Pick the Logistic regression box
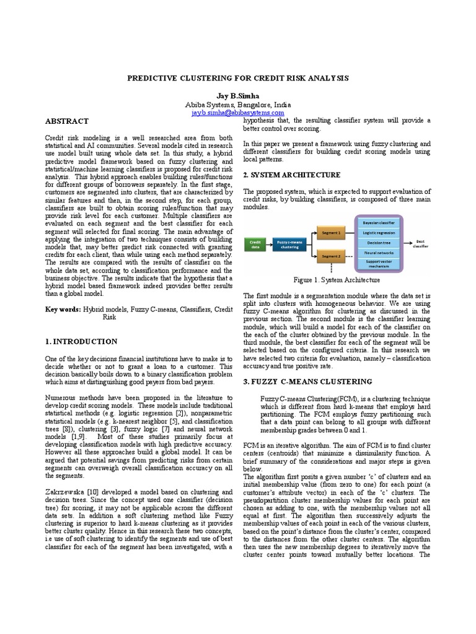[379, 232]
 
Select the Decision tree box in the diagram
[379, 243]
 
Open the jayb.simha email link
[238, 113]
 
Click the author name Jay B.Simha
[238, 97]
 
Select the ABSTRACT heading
[66, 121]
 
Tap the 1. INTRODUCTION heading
[81, 341]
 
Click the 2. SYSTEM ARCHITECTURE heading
[292, 175]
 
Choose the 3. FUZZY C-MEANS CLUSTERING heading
[307, 381]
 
